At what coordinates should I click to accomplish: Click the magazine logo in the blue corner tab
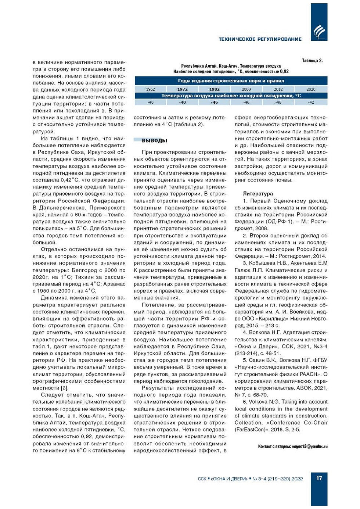319,32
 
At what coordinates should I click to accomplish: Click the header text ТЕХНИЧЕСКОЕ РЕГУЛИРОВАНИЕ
260,39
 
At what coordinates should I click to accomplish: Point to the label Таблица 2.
312,61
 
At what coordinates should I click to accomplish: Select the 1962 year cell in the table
150,89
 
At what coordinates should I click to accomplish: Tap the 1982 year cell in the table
215,89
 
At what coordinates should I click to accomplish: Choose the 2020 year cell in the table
311,89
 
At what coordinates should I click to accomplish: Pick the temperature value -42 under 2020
311,103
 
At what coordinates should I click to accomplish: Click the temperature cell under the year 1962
150,103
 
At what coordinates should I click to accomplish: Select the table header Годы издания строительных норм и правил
231,81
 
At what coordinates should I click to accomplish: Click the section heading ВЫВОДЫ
154,141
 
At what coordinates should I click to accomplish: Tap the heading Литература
258,194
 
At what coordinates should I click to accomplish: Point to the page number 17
319,478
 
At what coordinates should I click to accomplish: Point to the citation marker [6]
65,388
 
